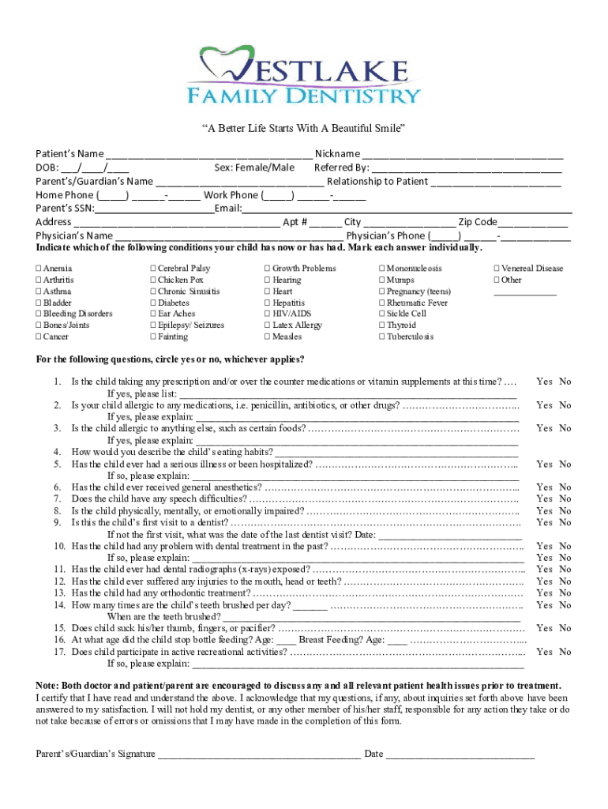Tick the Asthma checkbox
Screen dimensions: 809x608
39,292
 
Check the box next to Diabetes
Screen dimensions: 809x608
152,303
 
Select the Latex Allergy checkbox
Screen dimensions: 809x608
267,325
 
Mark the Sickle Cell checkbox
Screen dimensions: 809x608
381,314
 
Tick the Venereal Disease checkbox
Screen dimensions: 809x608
496,269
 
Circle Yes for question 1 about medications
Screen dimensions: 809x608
544,382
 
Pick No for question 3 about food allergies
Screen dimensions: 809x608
565,428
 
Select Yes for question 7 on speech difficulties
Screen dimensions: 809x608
544,499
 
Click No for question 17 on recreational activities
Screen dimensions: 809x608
565,652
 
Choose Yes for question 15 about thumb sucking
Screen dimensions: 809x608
544,628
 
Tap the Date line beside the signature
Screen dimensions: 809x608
460,754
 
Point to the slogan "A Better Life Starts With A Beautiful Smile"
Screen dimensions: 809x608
303,128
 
